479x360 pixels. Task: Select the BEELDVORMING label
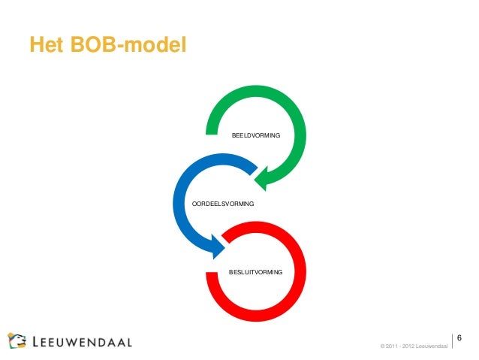[x=255, y=135]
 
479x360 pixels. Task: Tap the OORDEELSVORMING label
[x=223, y=204]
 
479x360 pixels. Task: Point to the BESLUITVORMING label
[x=255, y=271]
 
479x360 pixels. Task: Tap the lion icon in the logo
[x=19, y=340]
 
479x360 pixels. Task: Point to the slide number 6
[x=459, y=336]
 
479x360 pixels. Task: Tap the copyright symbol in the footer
[x=383, y=346]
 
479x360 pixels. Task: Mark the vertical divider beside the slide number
[x=453, y=340]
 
